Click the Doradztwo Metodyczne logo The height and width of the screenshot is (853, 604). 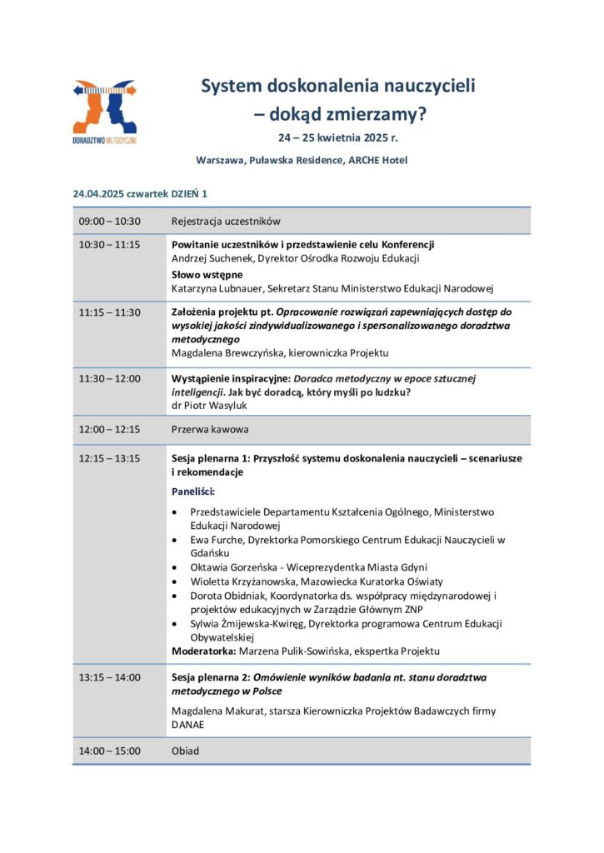[105, 112]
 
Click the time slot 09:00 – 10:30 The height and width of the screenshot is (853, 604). [110, 222]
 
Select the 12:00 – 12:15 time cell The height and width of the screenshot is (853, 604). [110, 430]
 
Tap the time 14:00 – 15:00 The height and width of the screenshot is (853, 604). [110, 751]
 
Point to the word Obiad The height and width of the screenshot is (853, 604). [185, 751]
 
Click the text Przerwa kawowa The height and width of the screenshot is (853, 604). [210, 430]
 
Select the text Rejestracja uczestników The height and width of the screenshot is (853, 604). [226, 222]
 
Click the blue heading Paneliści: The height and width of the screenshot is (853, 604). [192, 492]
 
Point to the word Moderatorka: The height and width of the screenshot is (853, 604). [202, 651]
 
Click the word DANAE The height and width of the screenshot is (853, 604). [187, 725]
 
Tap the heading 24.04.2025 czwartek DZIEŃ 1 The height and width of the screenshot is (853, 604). [140, 193]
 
